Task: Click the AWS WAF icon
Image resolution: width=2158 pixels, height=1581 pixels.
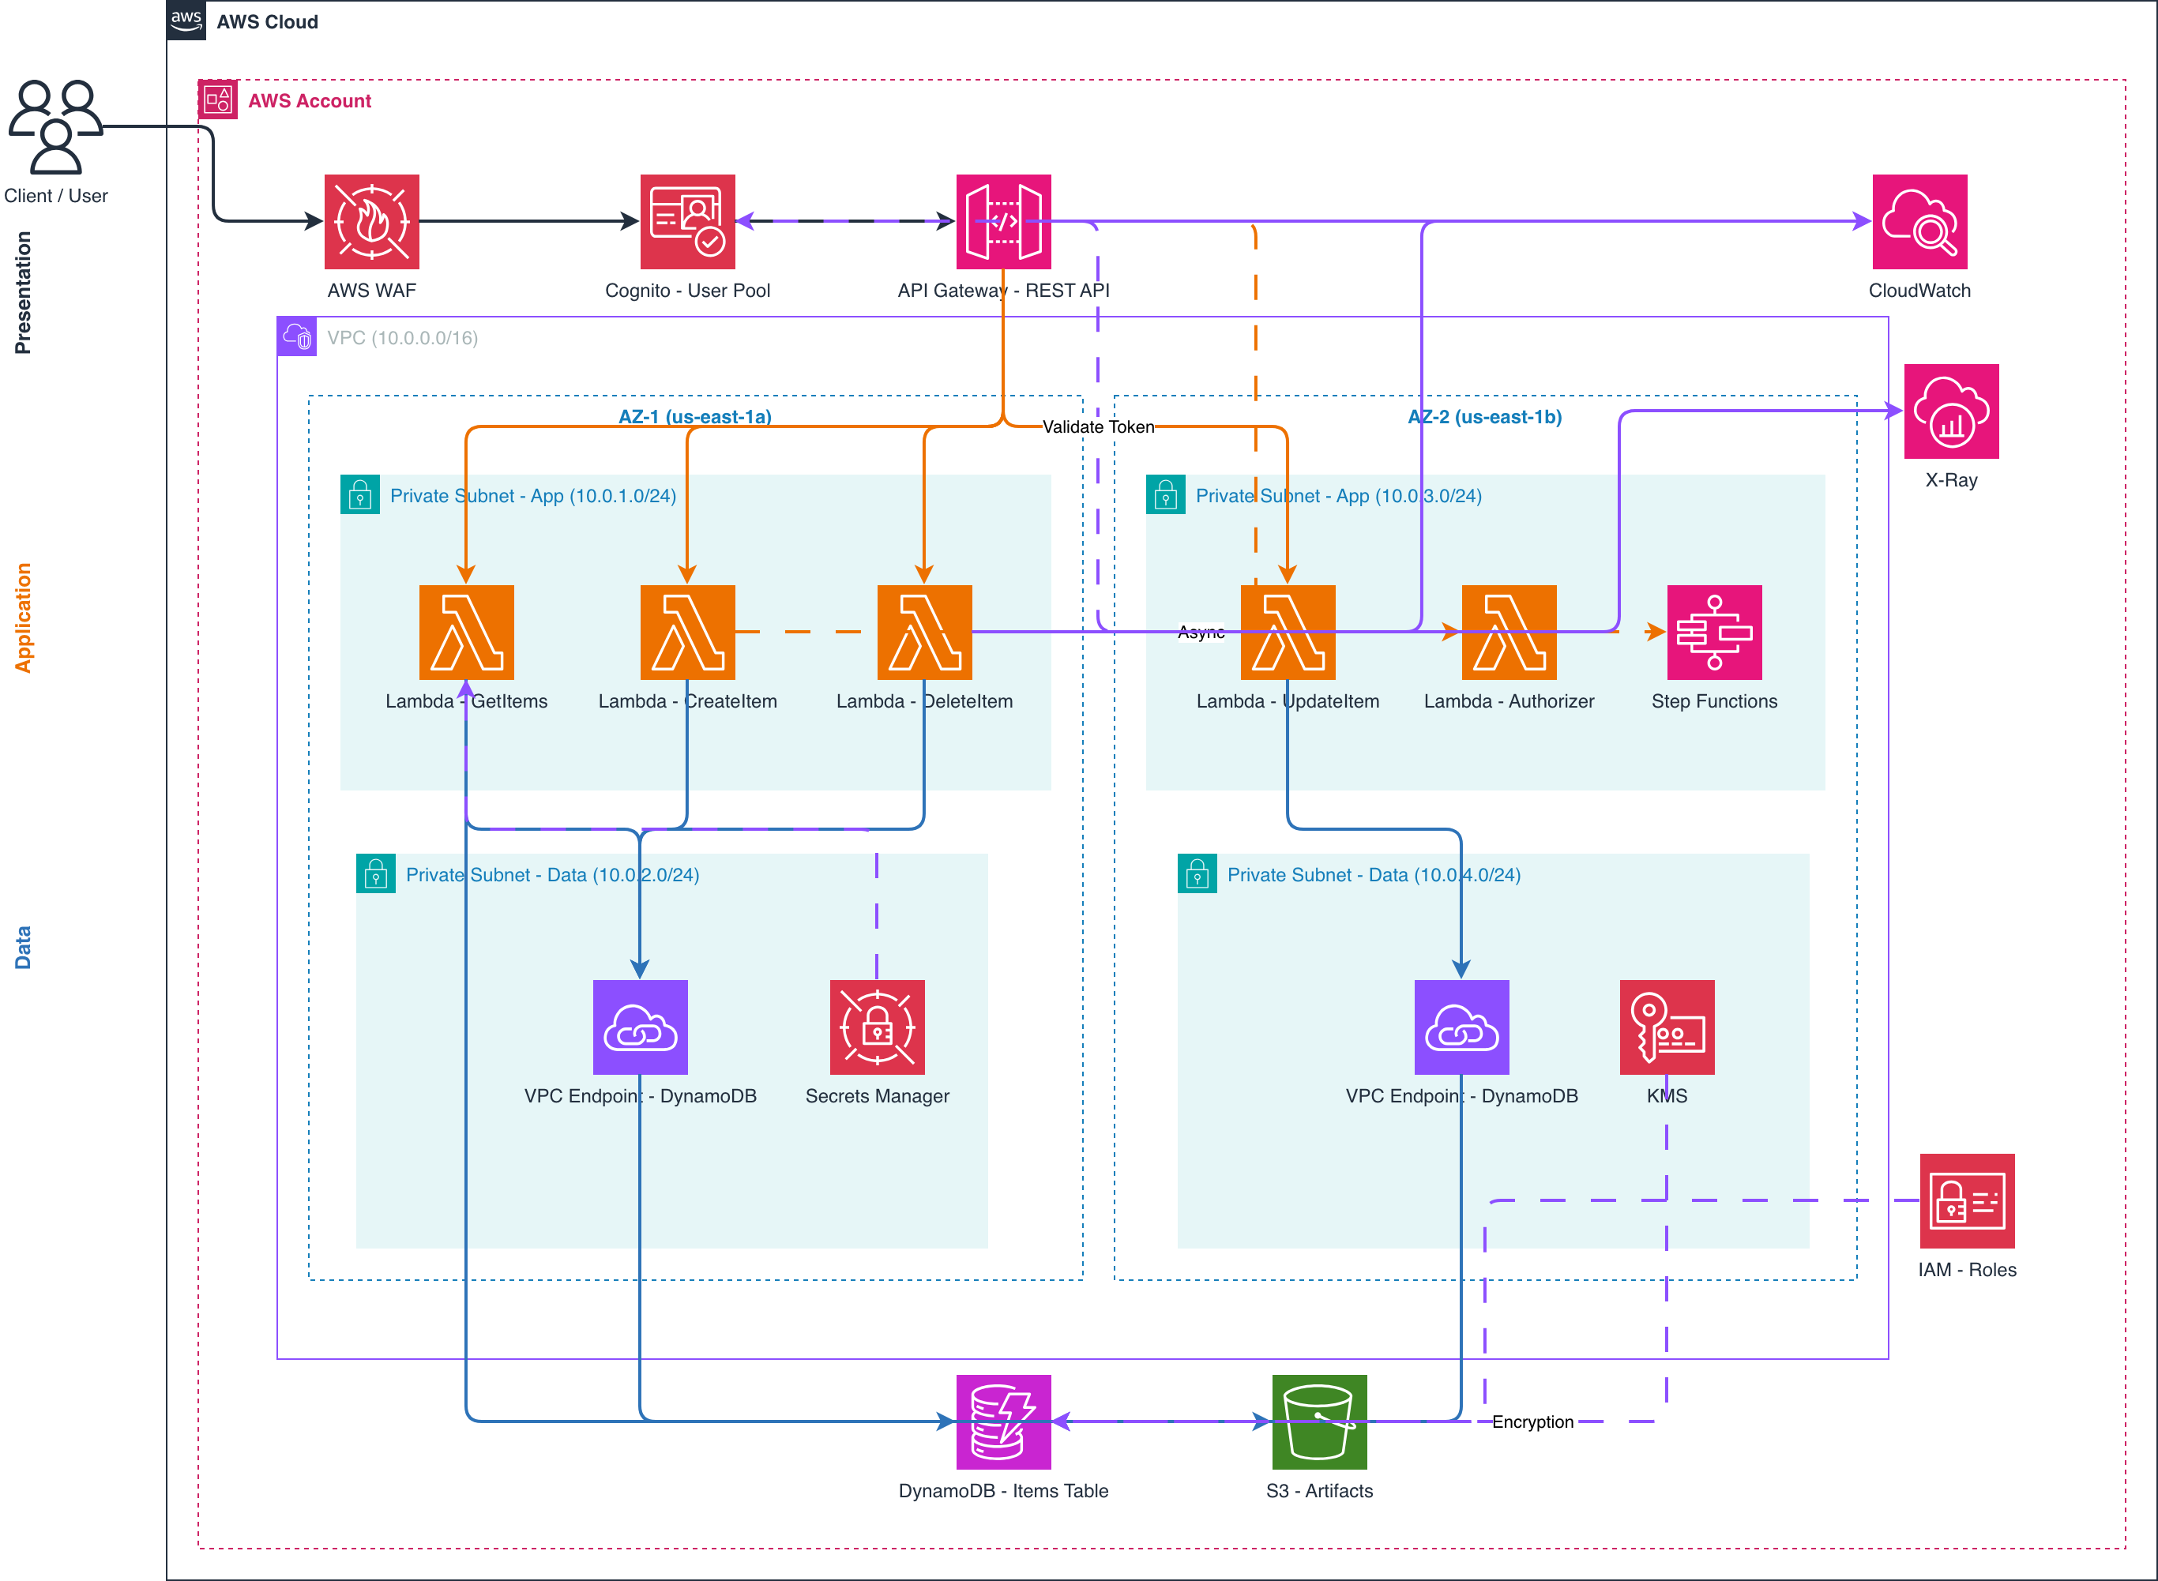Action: coord(371,221)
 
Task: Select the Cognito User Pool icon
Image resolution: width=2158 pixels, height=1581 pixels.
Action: coord(687,221)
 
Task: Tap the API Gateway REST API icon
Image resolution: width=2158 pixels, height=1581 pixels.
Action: coord(1003,221)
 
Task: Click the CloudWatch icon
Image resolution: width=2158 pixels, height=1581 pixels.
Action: coord(1919,221)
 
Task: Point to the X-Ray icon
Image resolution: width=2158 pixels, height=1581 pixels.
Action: coord(1950,411)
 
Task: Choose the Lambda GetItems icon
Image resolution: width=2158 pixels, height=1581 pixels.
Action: coord(466,632)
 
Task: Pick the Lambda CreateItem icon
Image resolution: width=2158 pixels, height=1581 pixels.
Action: coord(687,632)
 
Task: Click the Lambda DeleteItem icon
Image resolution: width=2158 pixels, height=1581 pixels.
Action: coord(923,632)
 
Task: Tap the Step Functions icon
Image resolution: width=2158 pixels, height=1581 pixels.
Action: coord(1714,632)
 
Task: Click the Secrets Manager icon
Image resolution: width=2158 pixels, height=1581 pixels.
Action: coord(877,1027)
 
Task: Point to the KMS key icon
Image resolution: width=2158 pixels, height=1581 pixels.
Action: coord(1666,1027)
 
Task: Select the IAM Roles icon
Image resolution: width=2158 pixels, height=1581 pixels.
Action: coord(1967,1200)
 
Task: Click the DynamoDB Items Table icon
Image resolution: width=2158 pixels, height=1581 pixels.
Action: coord(1003,1421)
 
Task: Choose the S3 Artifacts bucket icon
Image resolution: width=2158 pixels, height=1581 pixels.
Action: coord(1318,1421)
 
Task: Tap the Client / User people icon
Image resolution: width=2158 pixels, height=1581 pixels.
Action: coord(55,126)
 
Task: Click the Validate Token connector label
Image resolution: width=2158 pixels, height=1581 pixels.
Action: coord(1098,426)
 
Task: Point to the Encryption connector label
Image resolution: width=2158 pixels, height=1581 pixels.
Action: coord(1532,1422)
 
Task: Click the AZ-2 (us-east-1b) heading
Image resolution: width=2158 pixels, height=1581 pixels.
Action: coord(1484,417)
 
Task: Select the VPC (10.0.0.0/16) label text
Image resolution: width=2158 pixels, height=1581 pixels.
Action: coord(402,338)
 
